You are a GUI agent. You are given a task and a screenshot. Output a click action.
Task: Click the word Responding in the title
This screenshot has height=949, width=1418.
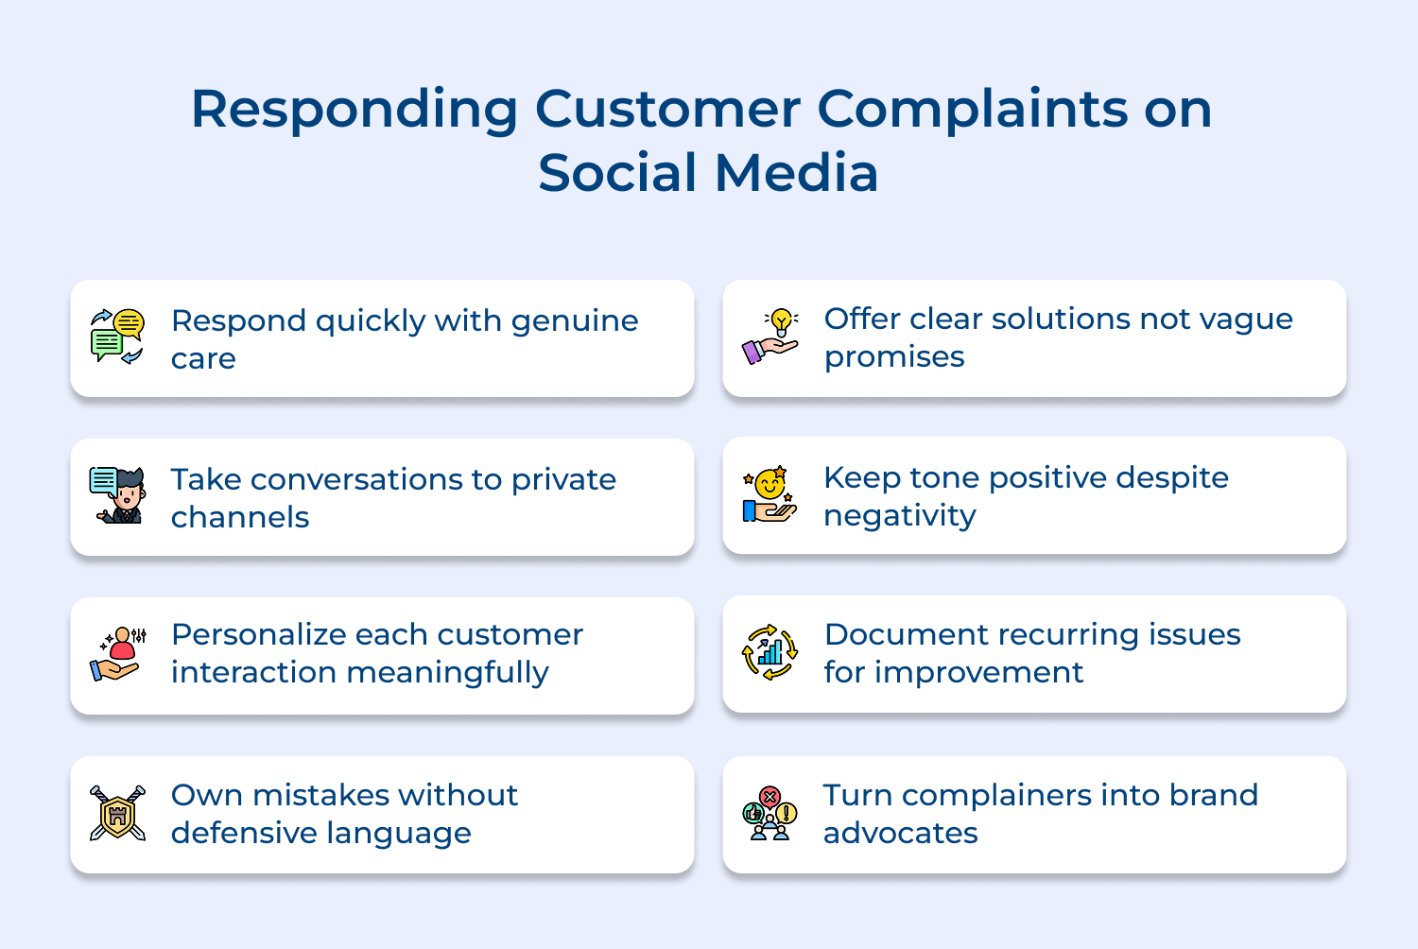354,111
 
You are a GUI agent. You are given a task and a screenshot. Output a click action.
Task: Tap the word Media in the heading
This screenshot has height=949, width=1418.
797,174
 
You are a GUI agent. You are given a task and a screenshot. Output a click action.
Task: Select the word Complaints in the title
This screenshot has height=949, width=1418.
973,111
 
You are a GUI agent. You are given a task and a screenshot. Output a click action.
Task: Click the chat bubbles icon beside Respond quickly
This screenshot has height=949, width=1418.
117,336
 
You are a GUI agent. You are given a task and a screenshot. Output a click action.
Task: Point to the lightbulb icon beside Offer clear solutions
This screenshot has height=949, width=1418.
770,336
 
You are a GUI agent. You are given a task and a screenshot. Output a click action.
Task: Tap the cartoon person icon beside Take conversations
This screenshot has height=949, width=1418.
118,495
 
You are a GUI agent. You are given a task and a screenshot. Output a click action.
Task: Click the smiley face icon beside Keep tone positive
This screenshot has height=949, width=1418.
770,494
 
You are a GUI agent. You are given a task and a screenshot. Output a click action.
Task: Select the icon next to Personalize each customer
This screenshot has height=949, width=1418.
118,654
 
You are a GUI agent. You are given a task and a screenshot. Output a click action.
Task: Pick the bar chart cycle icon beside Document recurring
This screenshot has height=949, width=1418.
770,652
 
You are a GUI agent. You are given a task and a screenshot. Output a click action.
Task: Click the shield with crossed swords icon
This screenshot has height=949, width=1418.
117,813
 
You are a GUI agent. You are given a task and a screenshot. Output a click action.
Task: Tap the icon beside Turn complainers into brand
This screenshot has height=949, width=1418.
770,813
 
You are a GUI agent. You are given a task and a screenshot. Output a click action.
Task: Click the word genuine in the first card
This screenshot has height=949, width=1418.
575,321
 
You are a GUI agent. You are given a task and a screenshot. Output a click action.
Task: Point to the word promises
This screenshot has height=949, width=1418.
894,357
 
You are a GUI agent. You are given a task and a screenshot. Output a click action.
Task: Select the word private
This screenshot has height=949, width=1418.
563,480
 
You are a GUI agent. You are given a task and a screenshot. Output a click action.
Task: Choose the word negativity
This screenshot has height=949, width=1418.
899,516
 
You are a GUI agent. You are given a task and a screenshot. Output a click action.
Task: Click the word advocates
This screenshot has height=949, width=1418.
900,834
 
